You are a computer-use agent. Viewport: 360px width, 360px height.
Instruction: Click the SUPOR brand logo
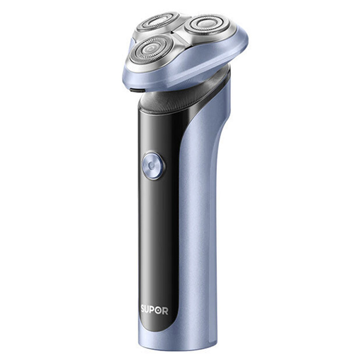[154, 310]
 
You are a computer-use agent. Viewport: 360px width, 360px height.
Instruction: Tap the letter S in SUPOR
[143, 309]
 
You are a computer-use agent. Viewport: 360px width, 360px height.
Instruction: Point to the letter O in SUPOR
[159, 310]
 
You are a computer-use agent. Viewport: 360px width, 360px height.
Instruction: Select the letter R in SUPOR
[165, 311]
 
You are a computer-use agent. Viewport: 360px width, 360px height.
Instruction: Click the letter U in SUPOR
[148, 310]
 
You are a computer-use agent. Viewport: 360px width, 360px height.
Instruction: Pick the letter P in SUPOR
[153, 310]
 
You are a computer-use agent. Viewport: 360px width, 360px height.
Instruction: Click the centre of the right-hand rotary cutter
[207, 25]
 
